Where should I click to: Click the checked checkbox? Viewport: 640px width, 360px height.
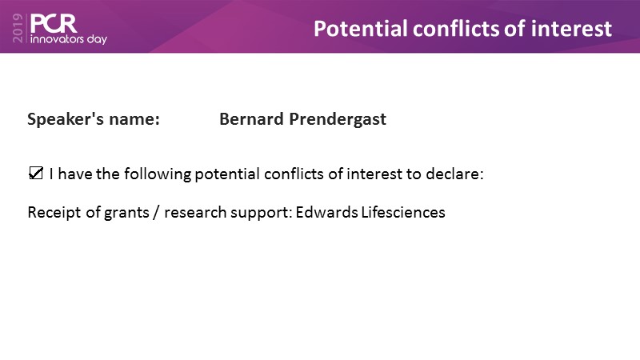(36, 173)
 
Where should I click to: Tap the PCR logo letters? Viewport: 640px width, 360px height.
(54, 24)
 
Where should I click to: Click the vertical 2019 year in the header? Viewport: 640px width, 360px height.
(18, 28)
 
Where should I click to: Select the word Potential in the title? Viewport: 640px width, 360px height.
(361, 29)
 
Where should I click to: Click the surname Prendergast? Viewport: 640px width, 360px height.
(338, 119)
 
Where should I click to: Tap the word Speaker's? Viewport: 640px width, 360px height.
(66, 119)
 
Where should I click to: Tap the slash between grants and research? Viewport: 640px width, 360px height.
(156, 213)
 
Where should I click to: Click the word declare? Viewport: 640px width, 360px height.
(454, 174)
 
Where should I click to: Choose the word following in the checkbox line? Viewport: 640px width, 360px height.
(158, 174)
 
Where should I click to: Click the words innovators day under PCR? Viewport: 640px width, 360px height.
(69, 39)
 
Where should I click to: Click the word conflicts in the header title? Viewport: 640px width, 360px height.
(455, 29)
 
